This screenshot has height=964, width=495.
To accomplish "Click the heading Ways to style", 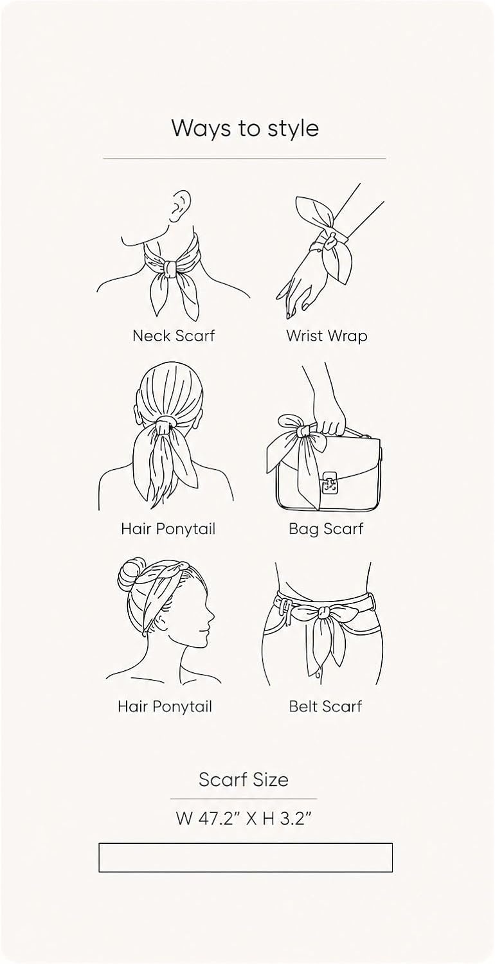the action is [x=245, y=129].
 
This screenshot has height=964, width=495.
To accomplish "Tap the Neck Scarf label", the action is [x=174, y=335].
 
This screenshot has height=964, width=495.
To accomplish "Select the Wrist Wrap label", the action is [x=327, y=336].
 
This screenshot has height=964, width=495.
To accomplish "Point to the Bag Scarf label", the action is [x=327, y=528].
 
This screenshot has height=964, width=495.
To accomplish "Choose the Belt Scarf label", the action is [x=325, y=706].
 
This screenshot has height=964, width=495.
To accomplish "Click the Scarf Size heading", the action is [x=244, y=780].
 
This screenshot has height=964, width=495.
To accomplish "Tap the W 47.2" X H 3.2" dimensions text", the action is [x=244, y=817].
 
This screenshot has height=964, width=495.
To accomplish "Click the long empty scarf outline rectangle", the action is [x=246, y=858].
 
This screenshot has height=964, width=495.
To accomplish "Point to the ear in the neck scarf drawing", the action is [x=181, y=205].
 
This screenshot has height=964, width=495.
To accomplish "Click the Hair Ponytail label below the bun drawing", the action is [x=165, y=706].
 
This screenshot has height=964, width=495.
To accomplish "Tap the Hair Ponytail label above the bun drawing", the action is [x=168, y=528].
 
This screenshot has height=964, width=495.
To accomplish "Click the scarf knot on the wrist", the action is [x=330, y=241].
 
